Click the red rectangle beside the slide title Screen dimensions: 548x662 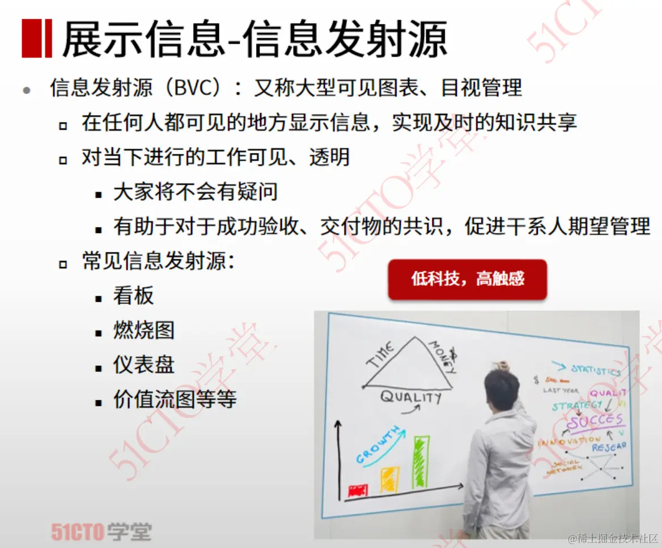(x=37, y=38)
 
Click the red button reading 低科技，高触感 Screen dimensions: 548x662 (x=468, y=279)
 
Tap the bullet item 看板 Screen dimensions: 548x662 (x=133, y=296)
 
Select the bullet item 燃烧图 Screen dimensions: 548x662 (x=144, y=331)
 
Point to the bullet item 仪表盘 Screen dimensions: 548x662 (x=144, y=365)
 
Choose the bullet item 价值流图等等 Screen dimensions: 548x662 (x=175, y=400)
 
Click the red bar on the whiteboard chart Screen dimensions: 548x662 (x=358, y=490)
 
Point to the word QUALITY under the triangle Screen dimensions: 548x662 (x=410, y=396)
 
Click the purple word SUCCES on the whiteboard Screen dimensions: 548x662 (x=595, y=421)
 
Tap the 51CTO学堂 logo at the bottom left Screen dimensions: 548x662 (x=101, y=532)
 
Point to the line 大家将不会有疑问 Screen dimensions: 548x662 (x=195, y=192)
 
